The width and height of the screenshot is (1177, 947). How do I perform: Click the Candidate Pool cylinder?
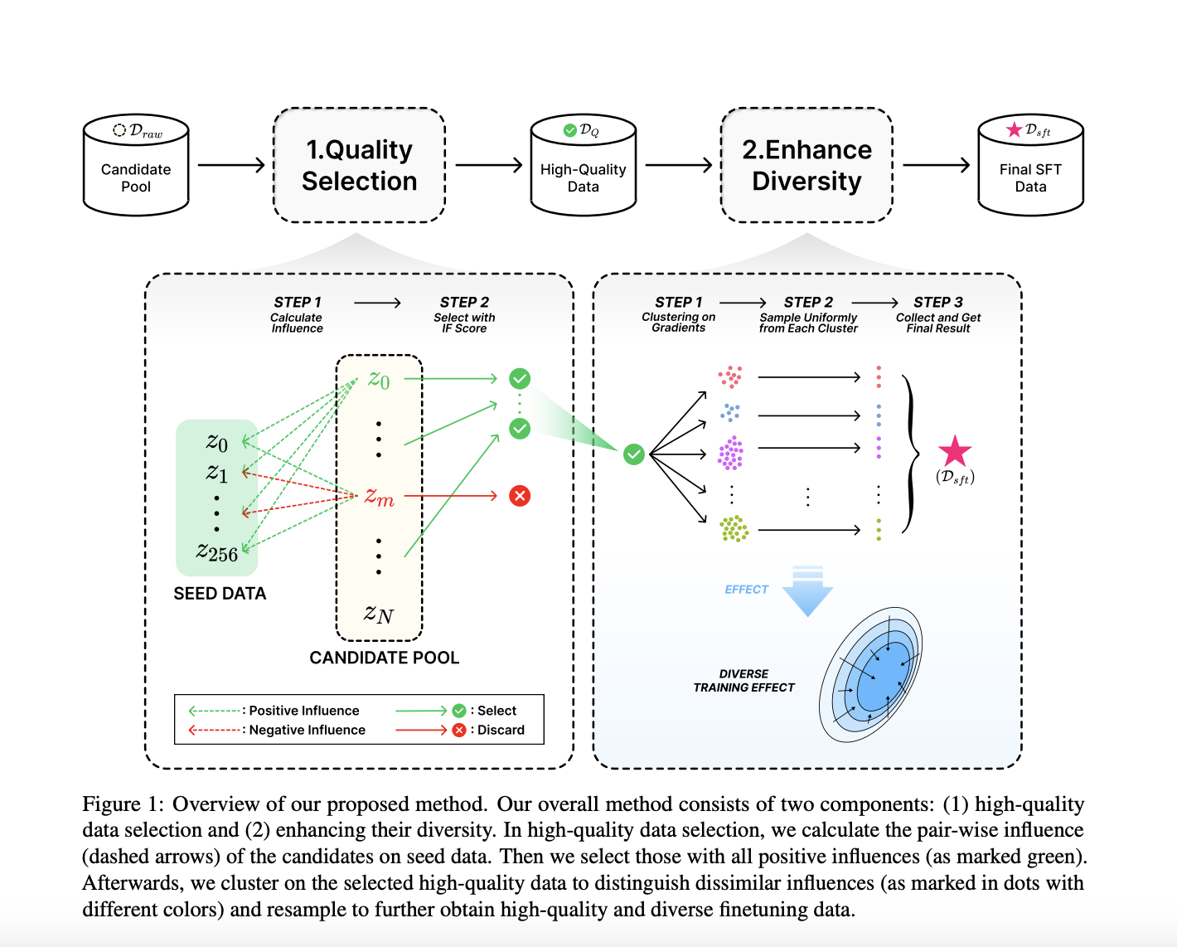136,166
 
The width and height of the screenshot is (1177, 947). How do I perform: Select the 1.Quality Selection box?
359,165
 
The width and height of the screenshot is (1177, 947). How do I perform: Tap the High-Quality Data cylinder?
583,166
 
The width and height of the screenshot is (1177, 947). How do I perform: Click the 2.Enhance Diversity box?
806,165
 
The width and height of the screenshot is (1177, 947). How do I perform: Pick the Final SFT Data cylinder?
1030,166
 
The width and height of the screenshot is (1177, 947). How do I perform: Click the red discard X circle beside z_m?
520,496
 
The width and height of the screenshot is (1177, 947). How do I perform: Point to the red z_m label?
379,497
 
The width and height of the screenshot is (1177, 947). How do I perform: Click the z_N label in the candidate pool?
379,614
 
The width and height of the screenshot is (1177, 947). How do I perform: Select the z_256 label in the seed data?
217,551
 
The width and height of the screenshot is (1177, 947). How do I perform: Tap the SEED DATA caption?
220,594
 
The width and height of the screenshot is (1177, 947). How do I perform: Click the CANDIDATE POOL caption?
384,658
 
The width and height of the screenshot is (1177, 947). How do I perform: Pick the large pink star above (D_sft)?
955,451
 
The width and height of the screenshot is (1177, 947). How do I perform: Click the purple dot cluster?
730,454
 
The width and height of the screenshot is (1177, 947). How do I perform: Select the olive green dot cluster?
734,528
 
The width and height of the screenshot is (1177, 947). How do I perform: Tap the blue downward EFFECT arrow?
807,592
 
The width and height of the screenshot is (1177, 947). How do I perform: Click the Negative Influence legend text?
307,730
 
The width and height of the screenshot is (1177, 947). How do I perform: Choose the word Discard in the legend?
501,730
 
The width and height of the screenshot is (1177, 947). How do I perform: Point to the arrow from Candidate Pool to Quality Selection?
230,165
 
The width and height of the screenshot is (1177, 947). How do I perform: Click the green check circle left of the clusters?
634,454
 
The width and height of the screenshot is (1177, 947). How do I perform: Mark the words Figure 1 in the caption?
119,804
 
